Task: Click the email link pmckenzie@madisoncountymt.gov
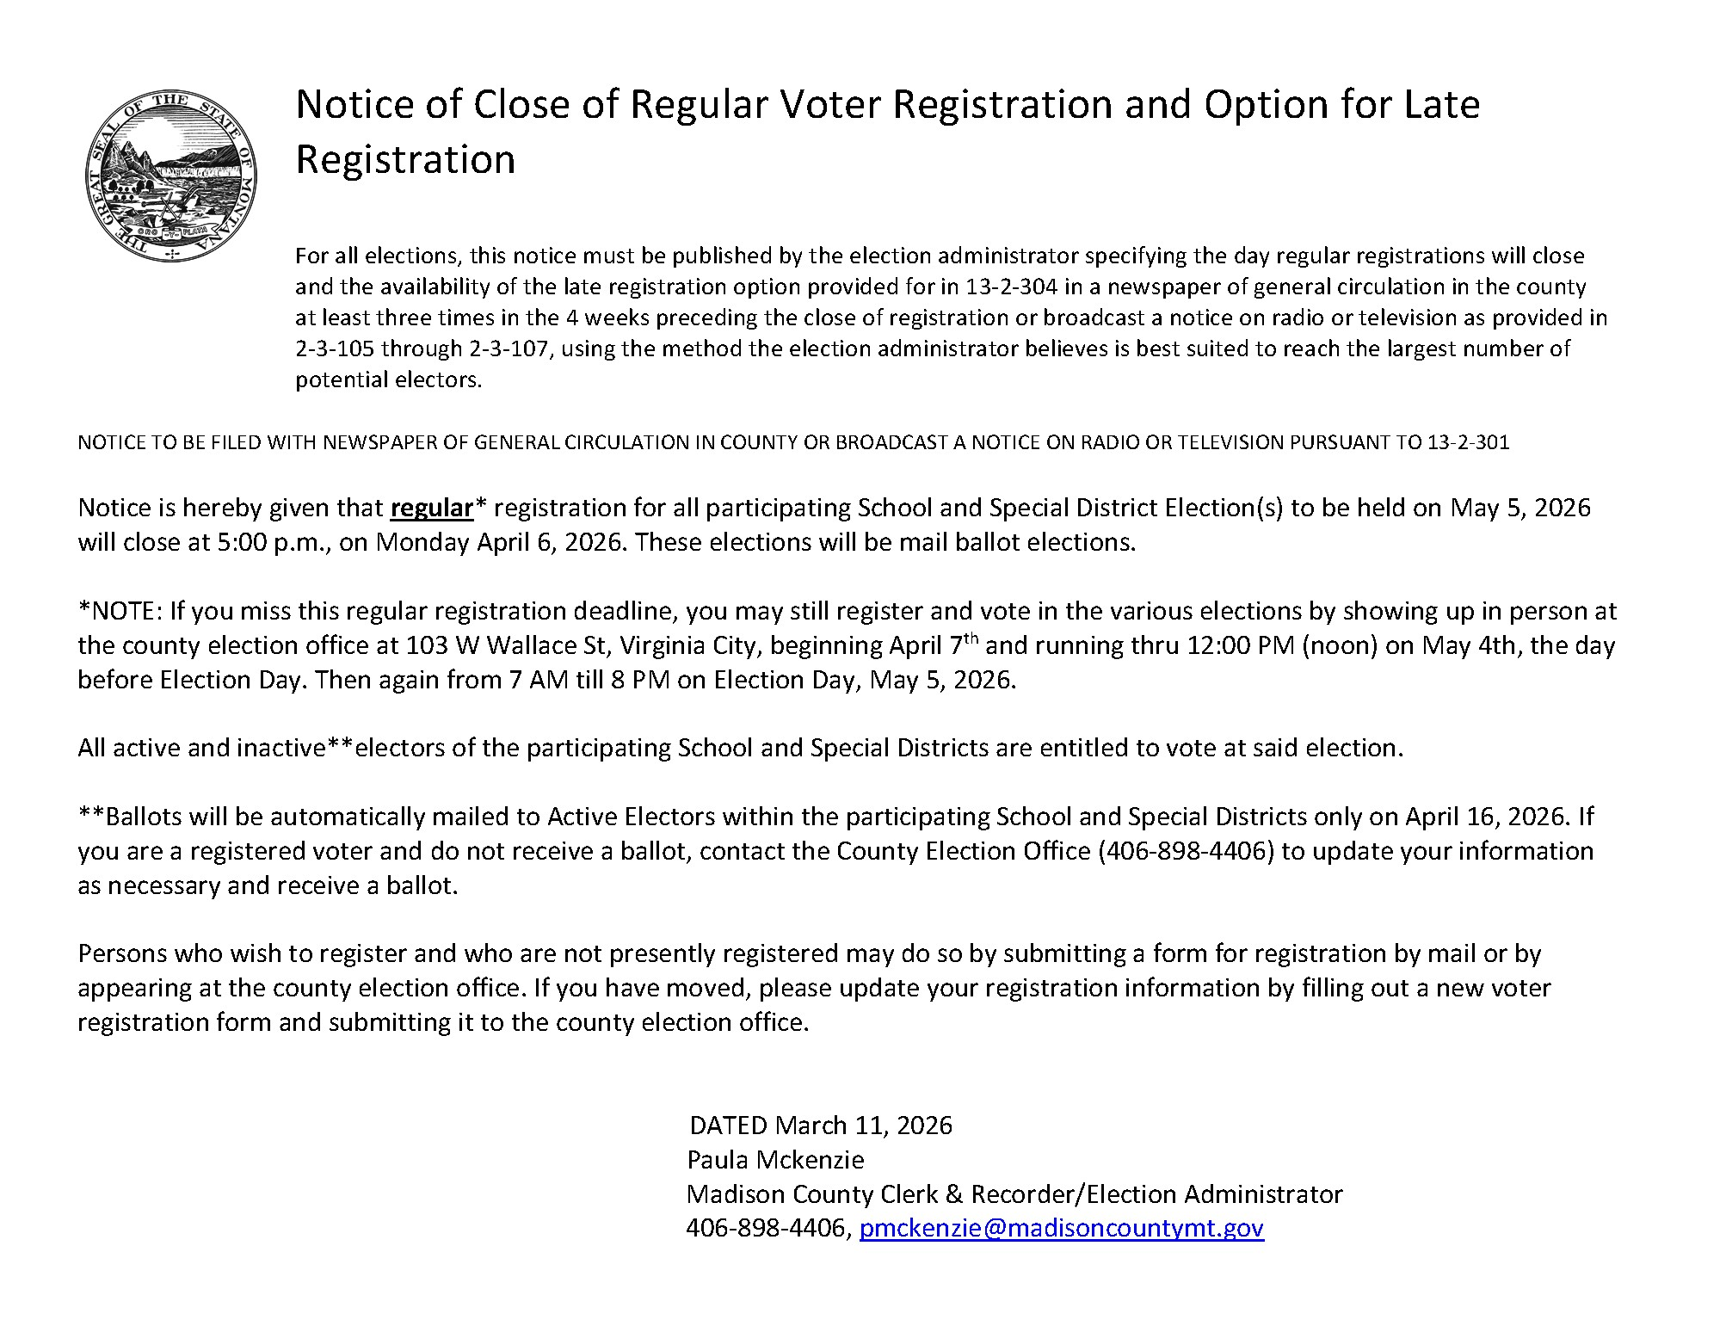tap(1061, 1229)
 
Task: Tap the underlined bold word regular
tap(431, 508)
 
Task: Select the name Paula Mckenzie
tap(774, 1160)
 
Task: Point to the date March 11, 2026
tap(863, 1126)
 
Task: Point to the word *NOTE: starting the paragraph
tap(120, 611)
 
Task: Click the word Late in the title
tap(1441, 104)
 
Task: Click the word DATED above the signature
tap(728, 1126)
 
